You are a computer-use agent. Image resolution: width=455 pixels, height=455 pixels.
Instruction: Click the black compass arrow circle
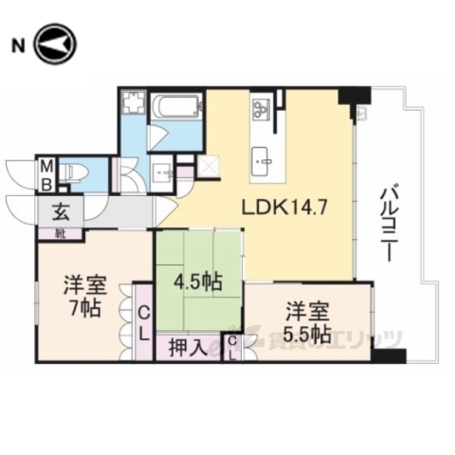point(53,45)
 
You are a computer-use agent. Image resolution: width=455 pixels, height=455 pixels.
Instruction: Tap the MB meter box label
point(45,175)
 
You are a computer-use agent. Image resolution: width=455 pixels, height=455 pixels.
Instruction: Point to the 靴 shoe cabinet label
point(60,232)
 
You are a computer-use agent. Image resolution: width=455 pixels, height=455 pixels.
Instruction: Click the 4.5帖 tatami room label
point(199,282)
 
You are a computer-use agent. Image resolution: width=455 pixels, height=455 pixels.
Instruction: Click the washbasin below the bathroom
point(163,172)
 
